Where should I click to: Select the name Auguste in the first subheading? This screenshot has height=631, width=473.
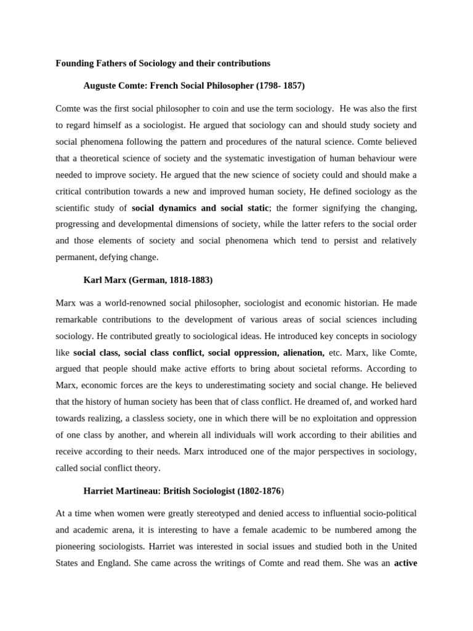[100, 86]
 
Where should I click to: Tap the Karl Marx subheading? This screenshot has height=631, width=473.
[148, 280]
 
